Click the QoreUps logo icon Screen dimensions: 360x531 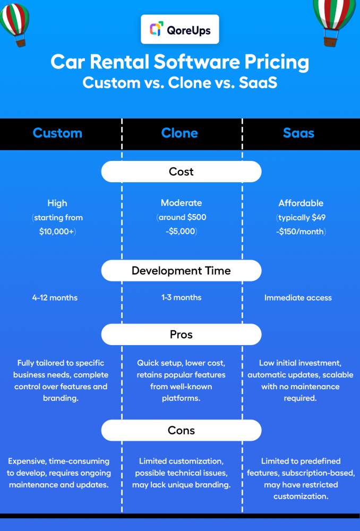157,29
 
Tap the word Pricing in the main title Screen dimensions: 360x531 277,62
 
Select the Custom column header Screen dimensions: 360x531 57,133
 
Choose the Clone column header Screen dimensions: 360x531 179,133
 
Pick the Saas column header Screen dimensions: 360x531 299,133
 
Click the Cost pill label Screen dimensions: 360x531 181,172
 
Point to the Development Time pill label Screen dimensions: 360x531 181,271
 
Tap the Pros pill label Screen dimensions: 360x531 181,335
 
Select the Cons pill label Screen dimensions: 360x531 181,431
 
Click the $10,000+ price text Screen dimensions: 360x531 57,232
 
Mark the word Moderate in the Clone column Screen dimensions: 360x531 181,203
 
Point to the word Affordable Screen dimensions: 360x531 301,203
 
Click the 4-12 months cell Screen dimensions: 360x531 55,298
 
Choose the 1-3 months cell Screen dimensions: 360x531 181,297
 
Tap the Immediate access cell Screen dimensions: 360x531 298,298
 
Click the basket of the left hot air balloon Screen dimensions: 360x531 20,42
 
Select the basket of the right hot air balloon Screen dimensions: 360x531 330,41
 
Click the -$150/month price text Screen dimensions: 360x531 301,232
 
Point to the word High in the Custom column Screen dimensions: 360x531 57,203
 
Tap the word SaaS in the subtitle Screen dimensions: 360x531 258,83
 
